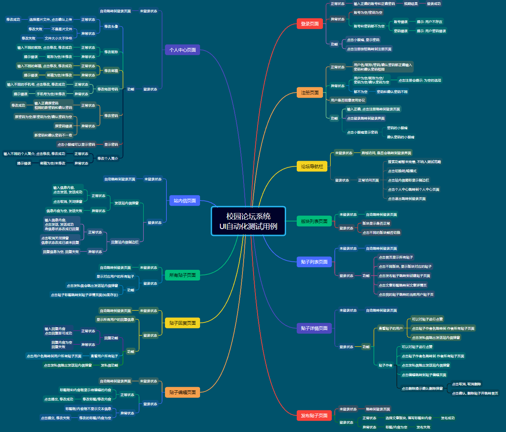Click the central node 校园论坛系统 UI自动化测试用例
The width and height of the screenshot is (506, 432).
coord(248,221)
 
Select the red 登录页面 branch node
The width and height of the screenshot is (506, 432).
coord(310,24)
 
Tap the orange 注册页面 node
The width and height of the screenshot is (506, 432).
coord(310,93)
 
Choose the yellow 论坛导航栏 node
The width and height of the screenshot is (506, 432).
coord(312,166)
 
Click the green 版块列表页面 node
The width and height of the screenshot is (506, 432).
coord(314,221)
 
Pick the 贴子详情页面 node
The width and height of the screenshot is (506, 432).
coord(314,328)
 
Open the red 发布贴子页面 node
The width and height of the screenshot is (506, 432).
coord(314,415)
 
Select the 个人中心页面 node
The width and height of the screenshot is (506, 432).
coord(182,50)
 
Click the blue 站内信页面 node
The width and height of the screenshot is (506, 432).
coord(185,201)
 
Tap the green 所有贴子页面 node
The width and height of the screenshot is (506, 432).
coord(182,275)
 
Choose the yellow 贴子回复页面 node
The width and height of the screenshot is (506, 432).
coord(182,323)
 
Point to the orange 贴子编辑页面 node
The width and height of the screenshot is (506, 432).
coord(182,392)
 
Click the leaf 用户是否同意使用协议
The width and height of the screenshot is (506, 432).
coord(348,100)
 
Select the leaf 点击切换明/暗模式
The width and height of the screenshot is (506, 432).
coord(402,171)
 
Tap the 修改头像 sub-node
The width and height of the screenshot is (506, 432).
coord(111,27)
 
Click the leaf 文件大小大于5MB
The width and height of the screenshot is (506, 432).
coord(58,38)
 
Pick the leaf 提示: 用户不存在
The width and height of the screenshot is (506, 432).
coord(429,22)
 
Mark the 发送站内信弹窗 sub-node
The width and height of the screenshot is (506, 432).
coord(127,203)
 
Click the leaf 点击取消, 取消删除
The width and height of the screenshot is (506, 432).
coord(466,384)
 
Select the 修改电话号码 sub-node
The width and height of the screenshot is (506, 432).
coord(108,89)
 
